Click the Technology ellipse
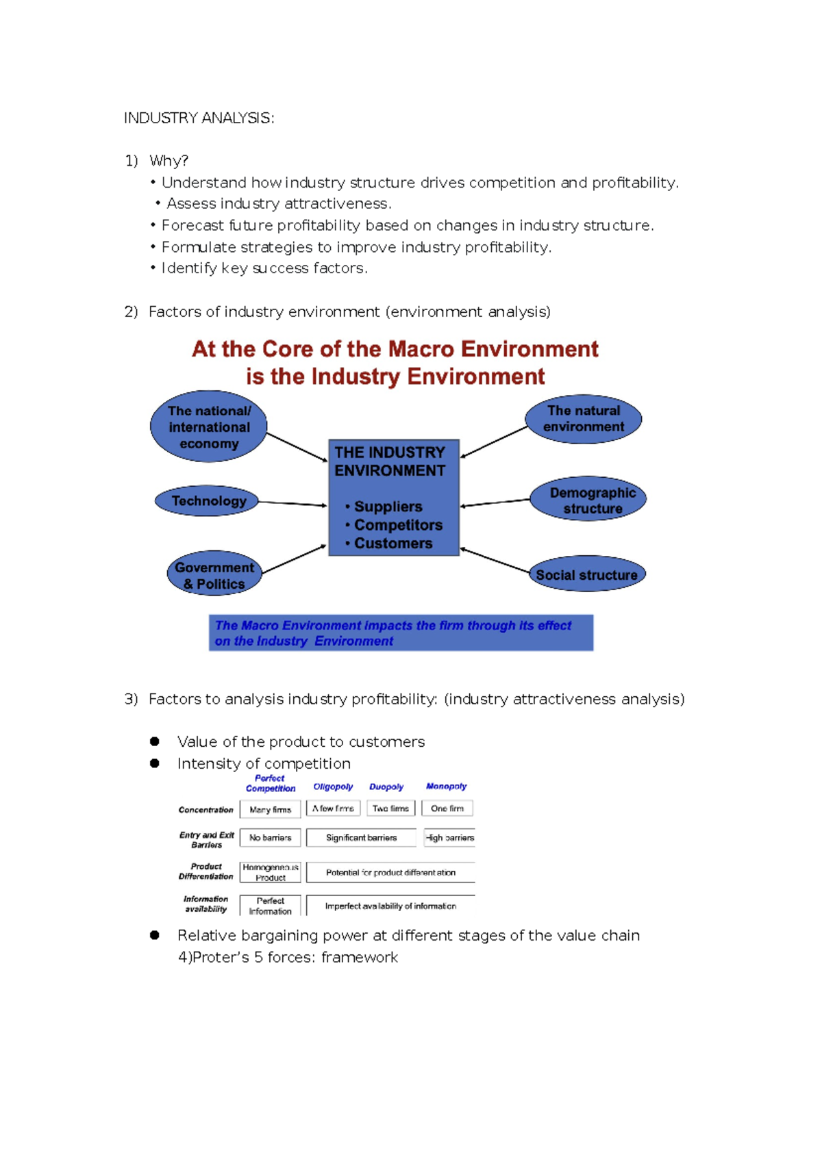click(206, 501)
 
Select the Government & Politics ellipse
click(214, 574)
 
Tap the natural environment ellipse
click(584, 419)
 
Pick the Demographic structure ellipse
click(588, 499)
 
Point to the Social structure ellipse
click(587, 574)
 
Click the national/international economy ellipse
click(209, 426)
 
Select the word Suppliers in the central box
click(388, 507)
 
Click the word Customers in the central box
click(393, 544)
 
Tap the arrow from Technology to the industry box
click(292, 504)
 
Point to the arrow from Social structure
click(495, 559)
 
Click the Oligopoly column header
click(333, 787)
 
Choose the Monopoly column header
click(446, 787)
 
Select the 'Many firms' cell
click(271, 809)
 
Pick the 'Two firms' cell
click(390, 808)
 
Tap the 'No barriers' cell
click(271, 838)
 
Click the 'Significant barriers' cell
click(361, 838)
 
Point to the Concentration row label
click(206, 810)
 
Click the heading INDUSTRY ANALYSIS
click(199, 118)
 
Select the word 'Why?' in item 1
click(169, 161)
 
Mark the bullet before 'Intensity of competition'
click(155, 763)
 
